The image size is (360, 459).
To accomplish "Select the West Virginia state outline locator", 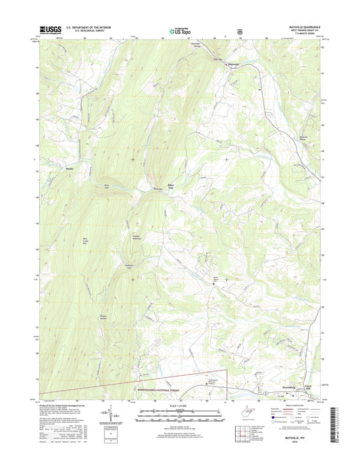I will coord(244,412).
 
